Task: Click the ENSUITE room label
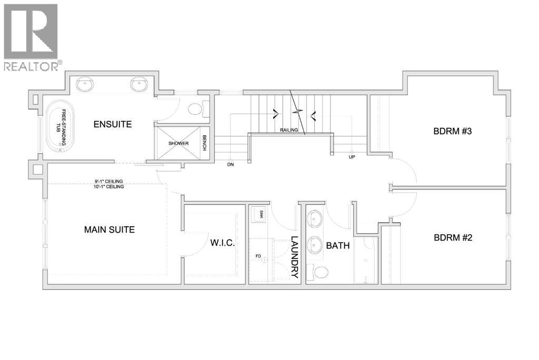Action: click(x=113, y=124)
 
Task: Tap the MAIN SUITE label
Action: click(x=109, y=229)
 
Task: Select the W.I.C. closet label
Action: click(x=223, y=243)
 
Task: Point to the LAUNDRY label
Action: click(x=295, y=257)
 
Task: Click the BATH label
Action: click(x=338, y=245)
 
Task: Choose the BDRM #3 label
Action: click(x=452, y=131)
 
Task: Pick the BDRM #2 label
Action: click(x=453, y=237)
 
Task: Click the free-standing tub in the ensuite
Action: click(x=60, y=127)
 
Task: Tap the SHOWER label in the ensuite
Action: click(x=178, y=143)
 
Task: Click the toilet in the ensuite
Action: click(x=198, y=109)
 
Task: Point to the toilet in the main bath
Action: click(x=317, y=272)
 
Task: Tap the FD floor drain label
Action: click(x=258, y=256)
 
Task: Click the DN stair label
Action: click(x=231, y=165)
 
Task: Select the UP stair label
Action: click(x=352, y=157)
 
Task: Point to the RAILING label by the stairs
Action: click(x=289, y=130)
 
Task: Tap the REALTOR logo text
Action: click(x=31, y=66)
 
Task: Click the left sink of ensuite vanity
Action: click(x=85, y=84)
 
